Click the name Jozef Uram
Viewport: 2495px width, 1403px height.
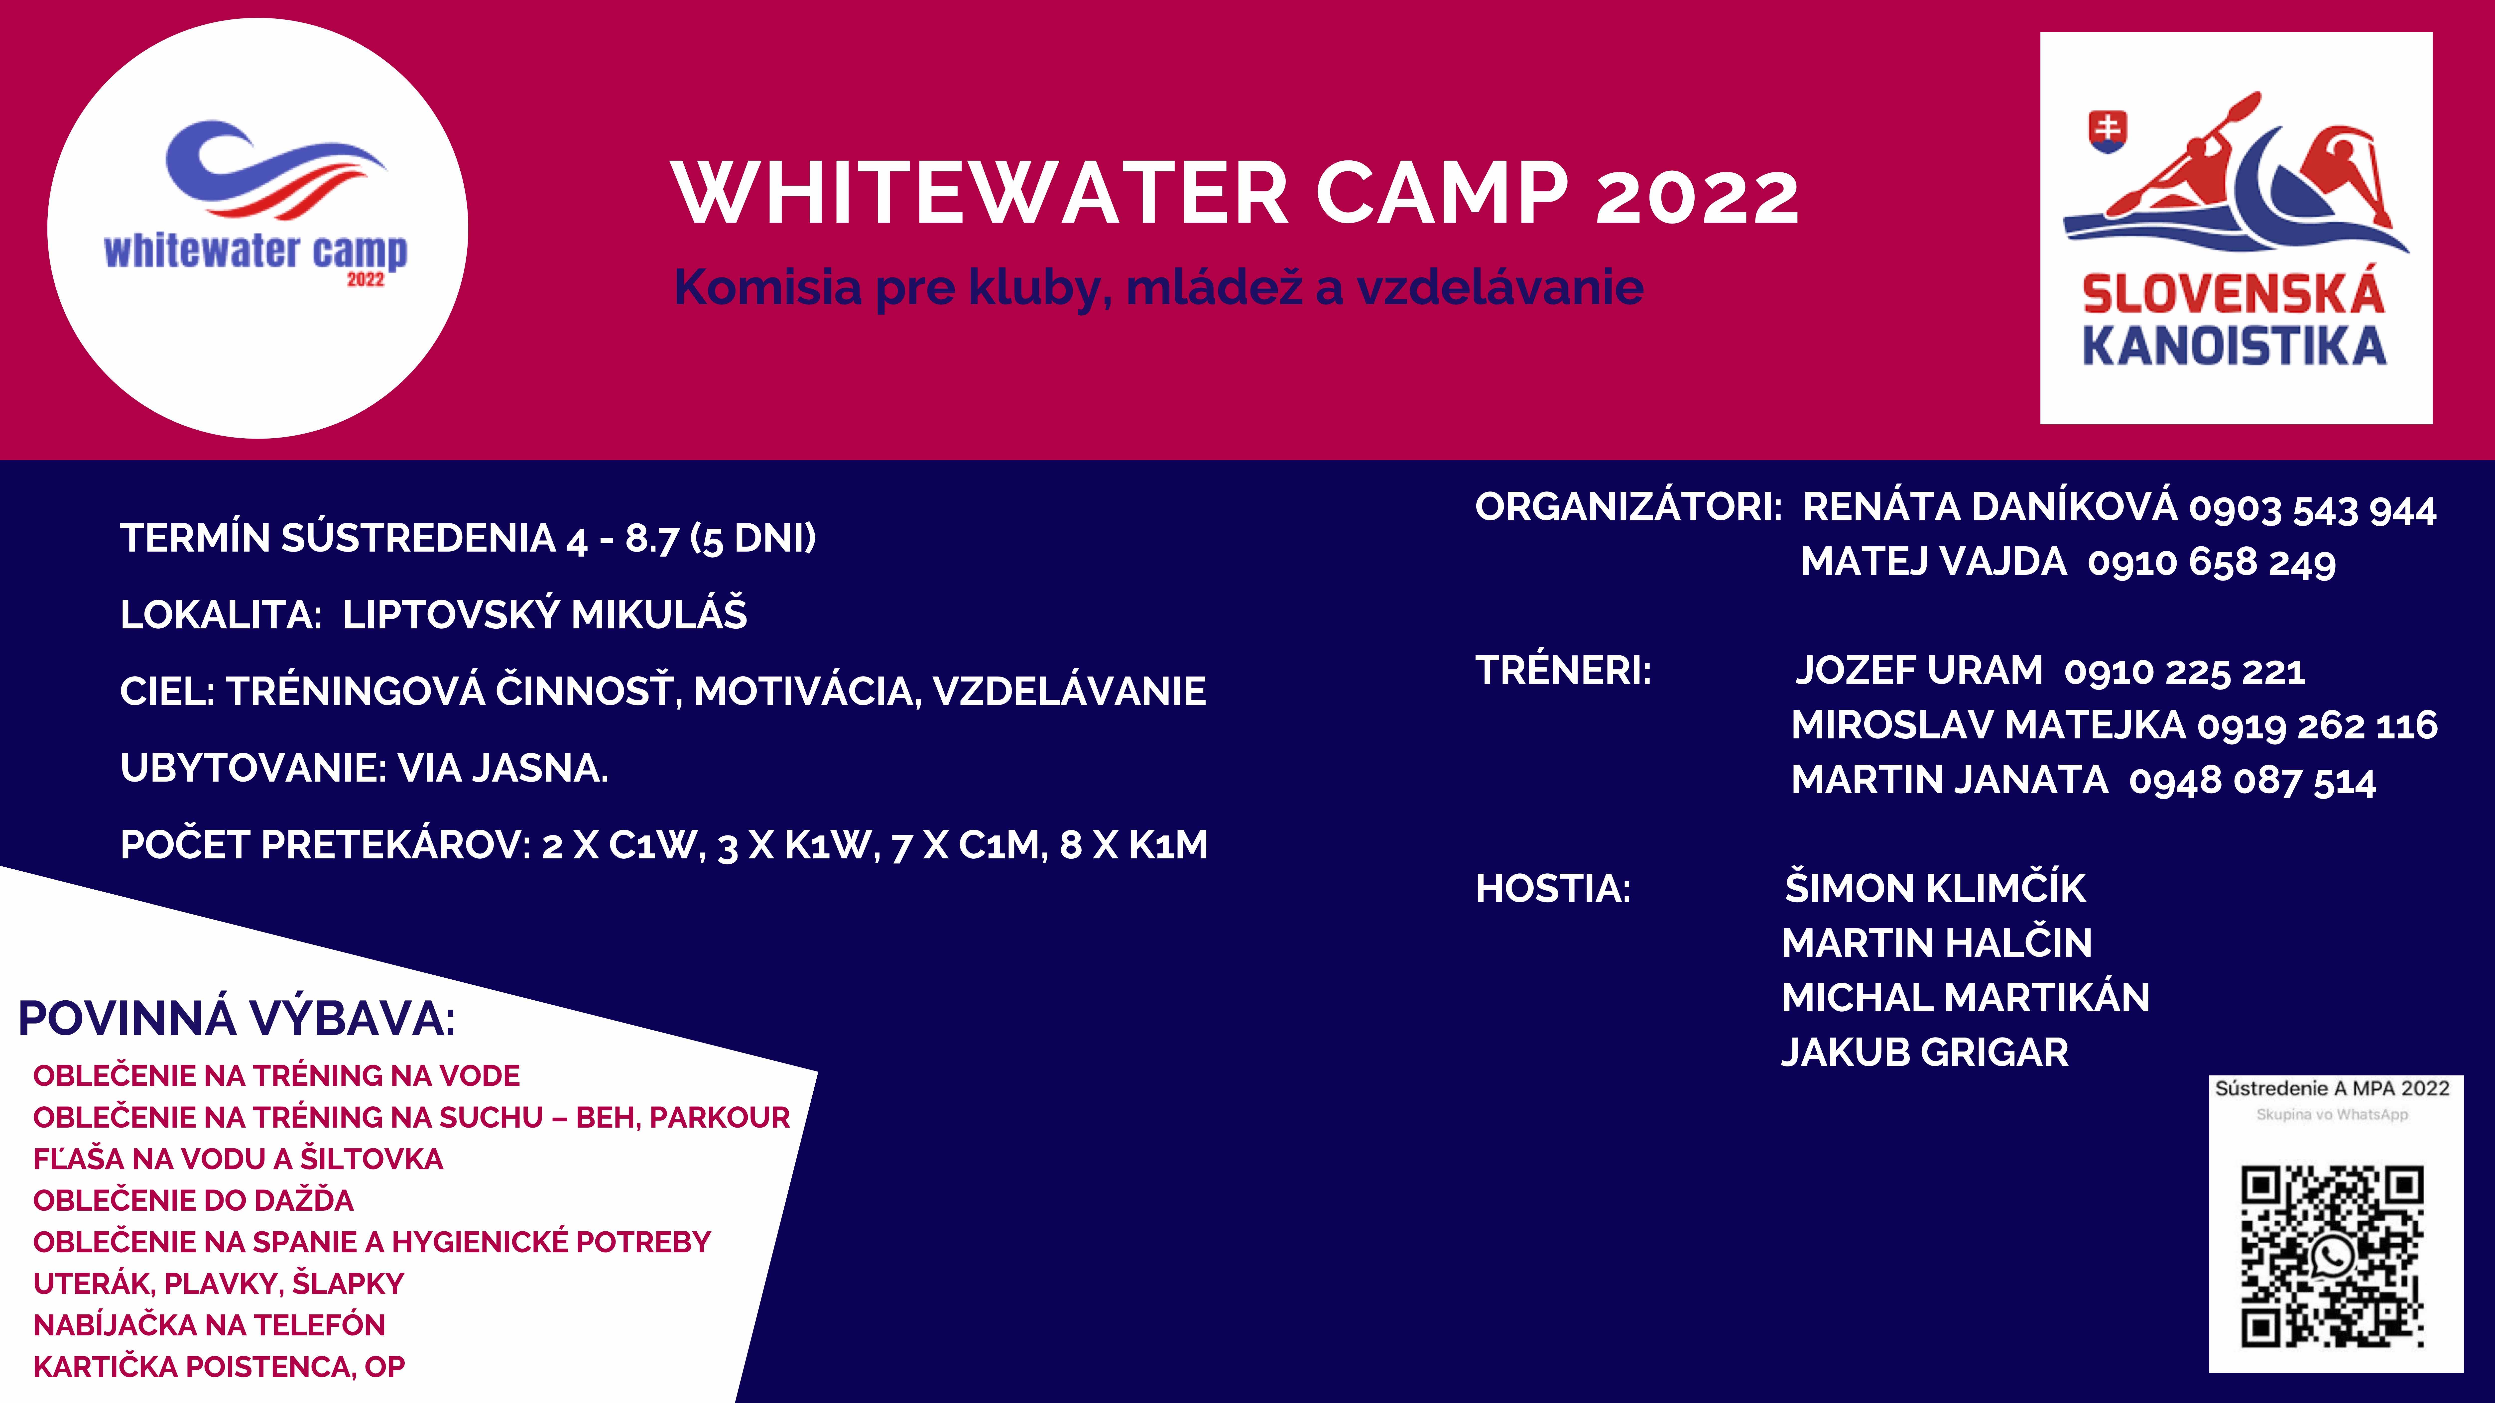coord(1919,670)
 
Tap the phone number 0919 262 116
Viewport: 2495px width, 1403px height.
coord(2317,725)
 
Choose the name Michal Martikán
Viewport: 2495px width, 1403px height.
coord(1965,997)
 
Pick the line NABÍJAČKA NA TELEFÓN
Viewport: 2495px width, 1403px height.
coord(209,1325)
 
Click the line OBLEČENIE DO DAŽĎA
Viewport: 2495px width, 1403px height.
coord(194,1200)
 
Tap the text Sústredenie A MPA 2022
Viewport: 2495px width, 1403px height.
coord(2332,1088)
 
